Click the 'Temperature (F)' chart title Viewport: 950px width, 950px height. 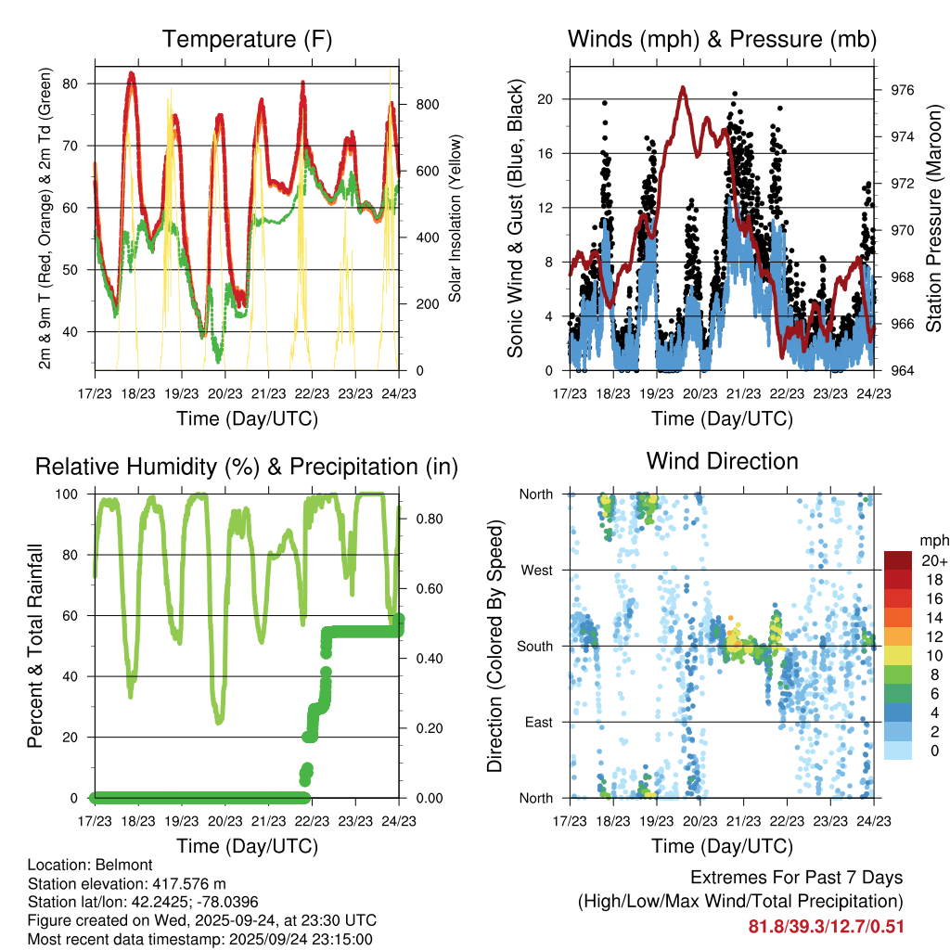[x=247, y=40]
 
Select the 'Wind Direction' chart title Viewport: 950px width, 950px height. [x=722, y=461]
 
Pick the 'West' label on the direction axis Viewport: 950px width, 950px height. [x=536, y=570]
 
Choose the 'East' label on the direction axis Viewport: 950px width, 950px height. [x=538, y=722]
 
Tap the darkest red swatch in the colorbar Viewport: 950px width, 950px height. [x=898, y=560]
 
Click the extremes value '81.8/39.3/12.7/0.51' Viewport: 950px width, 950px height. [x=826, y=926]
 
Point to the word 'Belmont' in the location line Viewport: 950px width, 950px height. [x=115, y=865]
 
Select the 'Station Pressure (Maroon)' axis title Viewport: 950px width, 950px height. [x=934, y=218]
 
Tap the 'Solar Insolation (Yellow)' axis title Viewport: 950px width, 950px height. [x=456, y=218]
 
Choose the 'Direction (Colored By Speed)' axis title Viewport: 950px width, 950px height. [x=494, y=646]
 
